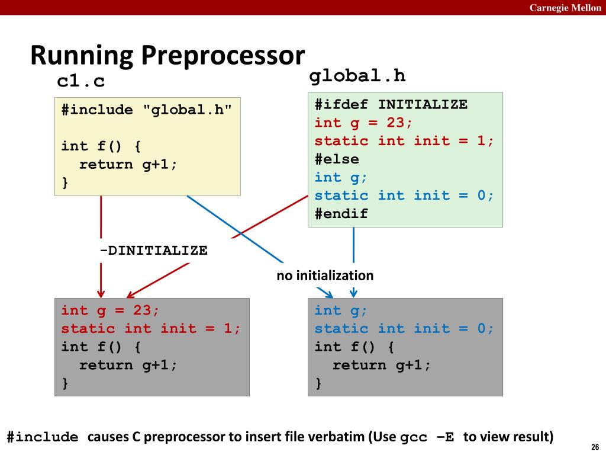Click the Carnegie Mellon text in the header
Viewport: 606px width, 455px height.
[x=565, y=7]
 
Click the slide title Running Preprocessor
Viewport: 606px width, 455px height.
[x=167, y=56]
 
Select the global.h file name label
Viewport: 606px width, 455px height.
[x=357, y=76]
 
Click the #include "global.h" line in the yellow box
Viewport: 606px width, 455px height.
[x=147, y=110]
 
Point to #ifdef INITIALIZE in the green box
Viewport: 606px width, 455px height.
[x=391, y=105]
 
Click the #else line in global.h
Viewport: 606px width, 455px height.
[x=337, y=159]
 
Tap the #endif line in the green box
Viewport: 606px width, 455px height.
[x=341, y=214]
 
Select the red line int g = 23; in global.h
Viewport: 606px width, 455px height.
[x=363, y=123]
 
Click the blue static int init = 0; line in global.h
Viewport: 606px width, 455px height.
[x=404, y=196]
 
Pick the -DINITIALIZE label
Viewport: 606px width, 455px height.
[x=153, y=251]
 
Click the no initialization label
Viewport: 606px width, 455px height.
[x=325, y=275]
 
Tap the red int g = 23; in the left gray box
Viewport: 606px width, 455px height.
[x=110, y=310]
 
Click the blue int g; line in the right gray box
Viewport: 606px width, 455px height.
[x=341, y=310]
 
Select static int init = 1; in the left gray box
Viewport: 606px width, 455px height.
[x=151, y=329]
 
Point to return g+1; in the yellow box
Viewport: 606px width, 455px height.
[x=128, y=165]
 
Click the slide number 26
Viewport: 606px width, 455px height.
[x=595, y=447]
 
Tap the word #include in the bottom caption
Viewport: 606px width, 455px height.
[x=43, y=438]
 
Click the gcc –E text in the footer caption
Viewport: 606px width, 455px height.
[x=427, y=438]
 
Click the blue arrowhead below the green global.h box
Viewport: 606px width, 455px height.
[x=353, y=293]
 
